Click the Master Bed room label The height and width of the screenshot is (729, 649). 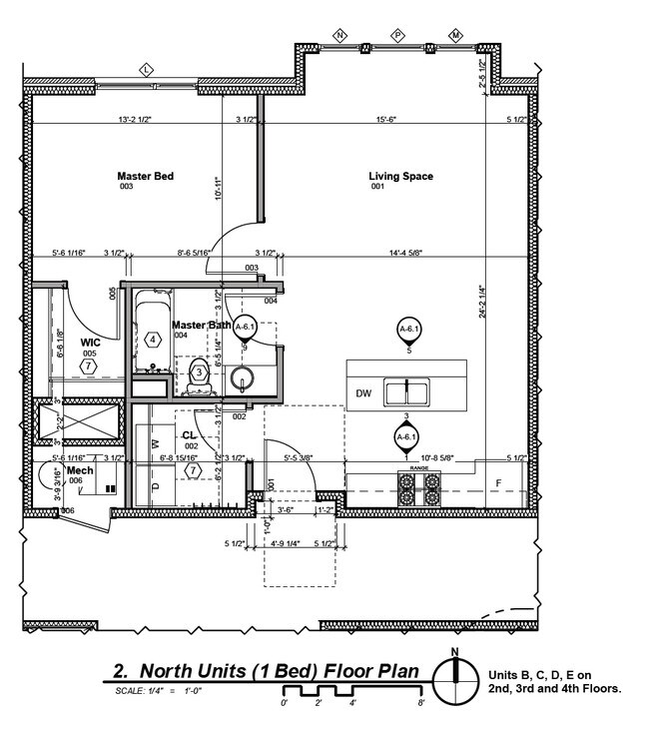(x=146, y=177)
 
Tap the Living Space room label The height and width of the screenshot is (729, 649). (x=400, y=177)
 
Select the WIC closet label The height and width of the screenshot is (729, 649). (x=90, y=343)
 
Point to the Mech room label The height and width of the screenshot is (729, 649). (x=80, y=469)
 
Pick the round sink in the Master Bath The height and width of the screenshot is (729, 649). (x=244, y=378)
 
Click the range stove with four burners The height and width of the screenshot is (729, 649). (x=419, y=488)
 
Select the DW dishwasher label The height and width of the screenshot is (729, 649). (x=364, y=393)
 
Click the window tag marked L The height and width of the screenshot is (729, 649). (x=146, y=69)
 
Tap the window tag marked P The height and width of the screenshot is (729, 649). (x=397, y=36)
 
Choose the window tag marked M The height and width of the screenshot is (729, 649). (x=455, y=36)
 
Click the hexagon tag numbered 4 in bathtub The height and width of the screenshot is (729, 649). (x=153, y=340)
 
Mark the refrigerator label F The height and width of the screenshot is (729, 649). (x=499, y=483)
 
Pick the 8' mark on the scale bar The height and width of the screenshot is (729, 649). (x=421, y=703)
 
